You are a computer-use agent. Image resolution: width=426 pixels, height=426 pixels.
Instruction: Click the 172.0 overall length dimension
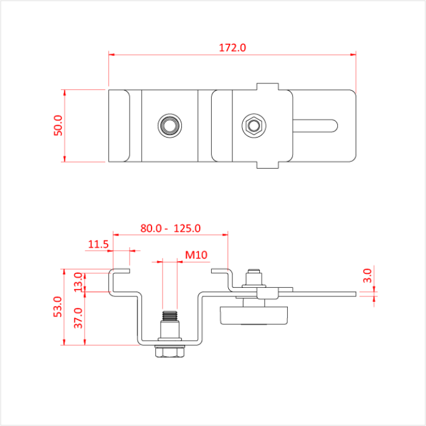pos(232,47)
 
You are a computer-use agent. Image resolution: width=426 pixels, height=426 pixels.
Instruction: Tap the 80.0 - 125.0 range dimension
pos(170,229)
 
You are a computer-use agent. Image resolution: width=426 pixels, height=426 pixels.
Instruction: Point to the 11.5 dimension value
pos(98,245)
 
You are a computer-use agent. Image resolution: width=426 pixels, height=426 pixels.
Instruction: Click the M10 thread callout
pos(197,254)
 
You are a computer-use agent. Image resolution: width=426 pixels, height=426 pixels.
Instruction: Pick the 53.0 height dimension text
pos(57,307)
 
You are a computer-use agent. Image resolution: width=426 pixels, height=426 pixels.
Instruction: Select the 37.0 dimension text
pos(77,318)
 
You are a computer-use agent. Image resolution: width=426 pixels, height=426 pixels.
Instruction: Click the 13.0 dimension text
pos(77,282)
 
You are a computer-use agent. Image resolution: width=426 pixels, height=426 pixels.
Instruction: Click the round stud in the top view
pos(169,126)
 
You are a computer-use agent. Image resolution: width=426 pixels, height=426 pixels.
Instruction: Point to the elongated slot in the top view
pos(316,126)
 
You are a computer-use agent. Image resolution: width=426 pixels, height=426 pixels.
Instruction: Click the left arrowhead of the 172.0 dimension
pos(112,55)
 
